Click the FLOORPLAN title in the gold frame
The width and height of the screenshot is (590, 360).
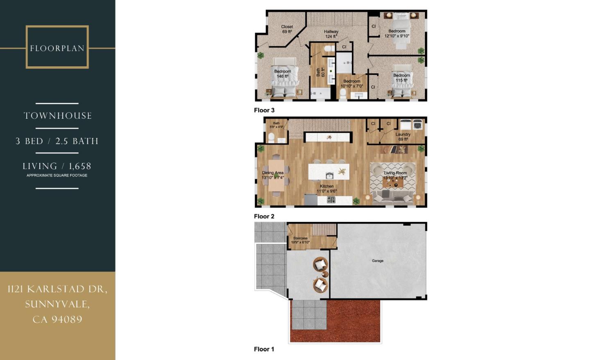click(x=57, y=48)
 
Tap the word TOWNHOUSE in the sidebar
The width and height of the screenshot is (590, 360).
click(x=57, y=116)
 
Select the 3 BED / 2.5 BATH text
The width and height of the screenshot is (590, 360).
click(x=57, y=141)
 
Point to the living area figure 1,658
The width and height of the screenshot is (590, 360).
click(x=80, y=166)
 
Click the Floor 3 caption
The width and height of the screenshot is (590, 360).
click(x=264, y=110)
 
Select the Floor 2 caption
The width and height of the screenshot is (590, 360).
click(x=264, y=216)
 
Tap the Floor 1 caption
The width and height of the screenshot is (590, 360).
click(x=264, y=349)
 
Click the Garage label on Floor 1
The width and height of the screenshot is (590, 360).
click(x=377, y=261)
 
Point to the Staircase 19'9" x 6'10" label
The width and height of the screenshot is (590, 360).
click(x=300, y=240)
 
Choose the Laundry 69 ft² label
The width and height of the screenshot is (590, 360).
click(x=403, y=137)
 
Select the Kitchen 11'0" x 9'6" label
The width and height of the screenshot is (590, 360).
click(x=327, y=188)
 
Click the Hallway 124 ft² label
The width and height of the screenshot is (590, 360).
click(x=331, y=34)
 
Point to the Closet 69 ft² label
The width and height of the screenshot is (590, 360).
click(x=287, y=29)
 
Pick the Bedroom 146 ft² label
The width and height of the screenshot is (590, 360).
click(x=283, y=74)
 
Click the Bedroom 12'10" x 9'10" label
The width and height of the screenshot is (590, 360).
click(x=397, y=34)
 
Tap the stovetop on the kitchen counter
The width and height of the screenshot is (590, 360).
click(x=331, y=200)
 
